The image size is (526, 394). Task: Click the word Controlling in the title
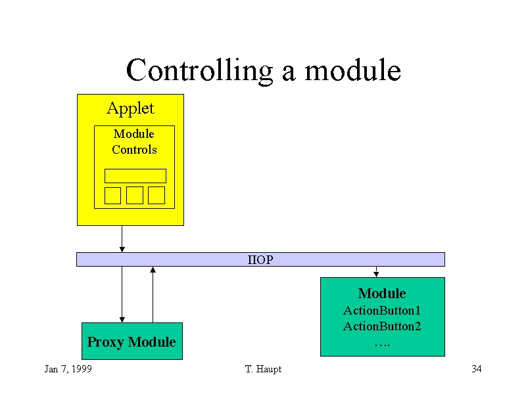point(199,71)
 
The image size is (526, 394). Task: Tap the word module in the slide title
point(352,70)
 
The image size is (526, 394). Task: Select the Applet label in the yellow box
point(130,109)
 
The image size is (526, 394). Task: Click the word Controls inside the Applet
point(134,150)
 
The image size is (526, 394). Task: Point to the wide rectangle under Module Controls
point(135,176)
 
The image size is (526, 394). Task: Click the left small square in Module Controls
point(112,195)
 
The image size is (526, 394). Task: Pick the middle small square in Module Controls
point(135,195)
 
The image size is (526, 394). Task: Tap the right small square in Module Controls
point(156,195)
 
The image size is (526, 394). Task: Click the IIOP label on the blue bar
point(260,259)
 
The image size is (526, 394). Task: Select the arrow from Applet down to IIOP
point(122,239)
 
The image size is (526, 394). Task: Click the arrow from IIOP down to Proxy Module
point(122,294)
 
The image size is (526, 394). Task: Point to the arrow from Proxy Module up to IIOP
point(153,294)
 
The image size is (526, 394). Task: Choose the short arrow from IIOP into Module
point(376,272)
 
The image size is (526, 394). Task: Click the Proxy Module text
point(131,342)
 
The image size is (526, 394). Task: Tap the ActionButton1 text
point(382,311)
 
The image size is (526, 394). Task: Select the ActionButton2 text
point(382,326)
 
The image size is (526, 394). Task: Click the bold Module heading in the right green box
point(382,294)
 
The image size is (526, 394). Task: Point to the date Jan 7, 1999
point(68,369)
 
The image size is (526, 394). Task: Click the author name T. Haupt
point(264,369)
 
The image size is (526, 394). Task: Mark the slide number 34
point(477,369)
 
